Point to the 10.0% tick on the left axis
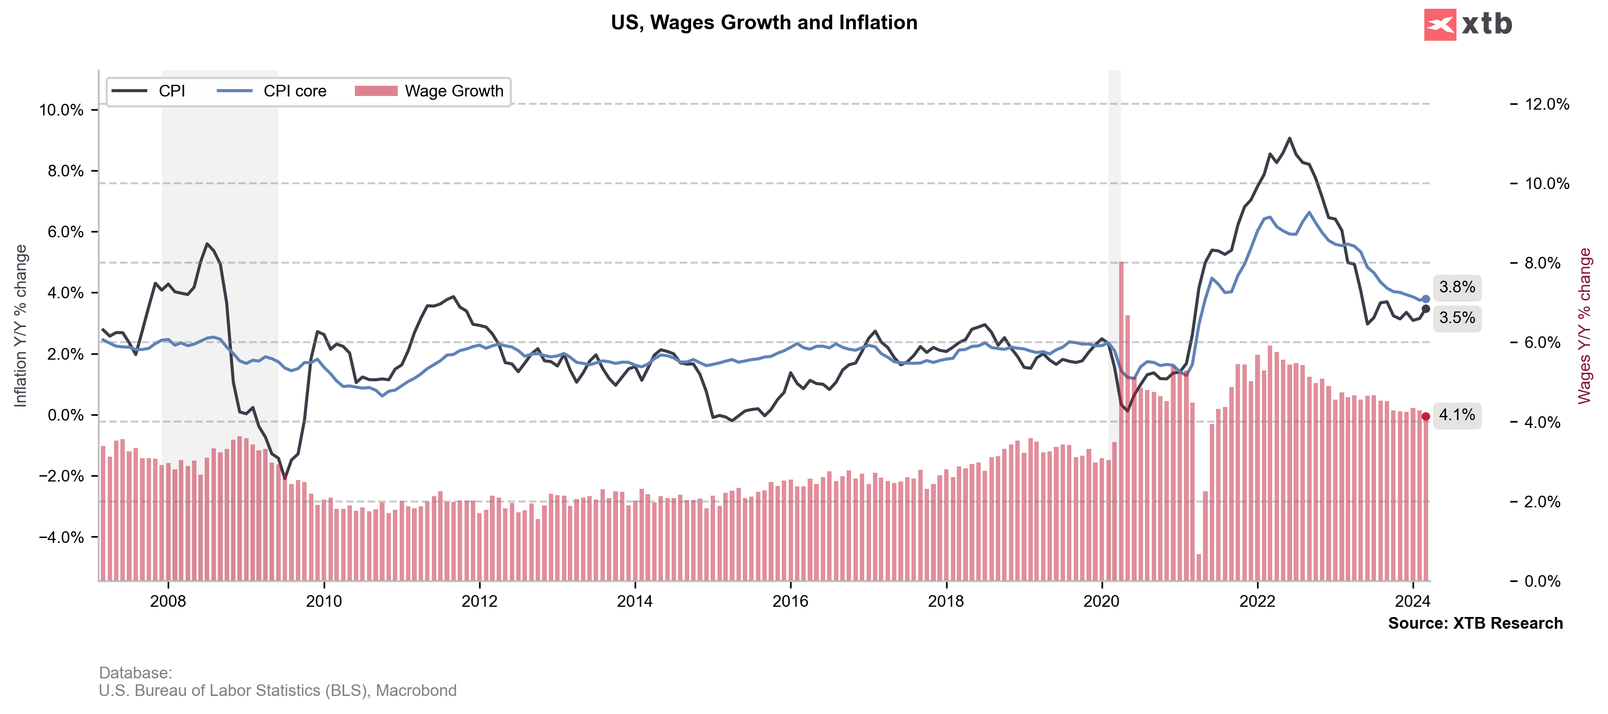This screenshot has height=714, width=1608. tap(61, 111)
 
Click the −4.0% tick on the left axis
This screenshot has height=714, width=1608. tap(61, 538)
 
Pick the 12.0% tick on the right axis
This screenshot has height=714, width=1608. tap(1546, 104)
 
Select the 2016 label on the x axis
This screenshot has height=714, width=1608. tap(790, 601)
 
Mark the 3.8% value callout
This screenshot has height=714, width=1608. tap(1456, 287)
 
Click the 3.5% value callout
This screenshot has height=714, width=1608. tap(1456, 318)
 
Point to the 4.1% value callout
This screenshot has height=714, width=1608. tap(1456, 415)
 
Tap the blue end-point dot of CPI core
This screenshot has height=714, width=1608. tap(1426, 299)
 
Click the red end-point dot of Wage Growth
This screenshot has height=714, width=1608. tap(1426, 416)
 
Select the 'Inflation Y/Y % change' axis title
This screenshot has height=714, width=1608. tap(20, 325)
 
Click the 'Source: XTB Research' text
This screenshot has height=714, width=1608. tap(1475, 623)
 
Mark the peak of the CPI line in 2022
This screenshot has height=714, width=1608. tap(1290, 138)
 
